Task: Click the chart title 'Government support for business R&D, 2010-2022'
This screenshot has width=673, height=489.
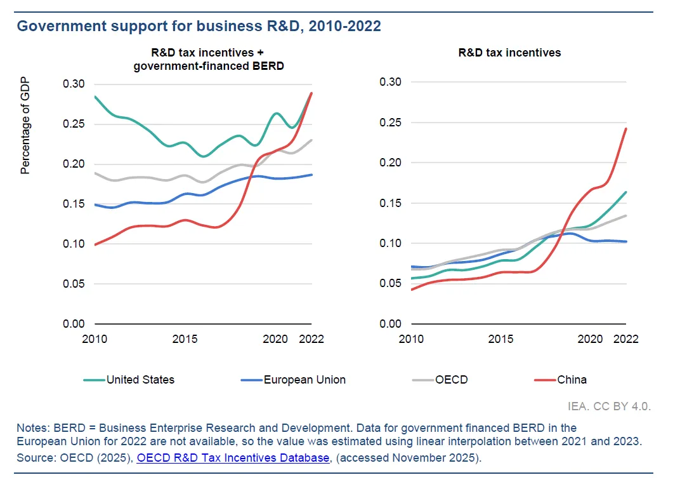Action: pos(199,26)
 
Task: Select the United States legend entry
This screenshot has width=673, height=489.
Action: pos(140,380)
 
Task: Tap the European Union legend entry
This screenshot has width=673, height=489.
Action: pos(304,380)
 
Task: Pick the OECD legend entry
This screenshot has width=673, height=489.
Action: pos(451,380)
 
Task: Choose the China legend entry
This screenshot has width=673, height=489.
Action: pos(572,380)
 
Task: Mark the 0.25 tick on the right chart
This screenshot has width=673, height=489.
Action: pos(390,123)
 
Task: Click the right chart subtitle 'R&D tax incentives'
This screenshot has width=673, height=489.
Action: pos(509,53)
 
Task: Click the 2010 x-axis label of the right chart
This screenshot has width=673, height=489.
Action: pos(411,339)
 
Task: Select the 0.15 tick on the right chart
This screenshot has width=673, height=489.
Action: pos(390,203)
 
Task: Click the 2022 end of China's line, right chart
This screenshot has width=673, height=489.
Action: pos(626,129)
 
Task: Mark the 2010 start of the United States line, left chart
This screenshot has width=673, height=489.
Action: pos(95,97)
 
